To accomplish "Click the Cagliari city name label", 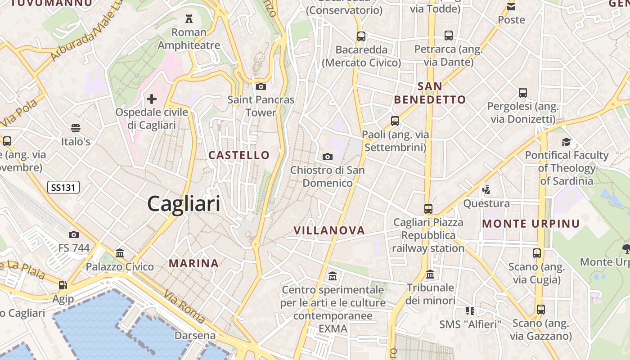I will click(184, 204).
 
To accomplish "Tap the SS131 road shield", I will click(63, 187).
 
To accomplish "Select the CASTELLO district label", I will click(239, 155).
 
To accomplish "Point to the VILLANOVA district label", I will click(329, 230).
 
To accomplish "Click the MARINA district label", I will click(194, 263).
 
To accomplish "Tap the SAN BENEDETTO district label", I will click(430, 93).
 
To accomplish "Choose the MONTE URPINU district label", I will click(531, 224).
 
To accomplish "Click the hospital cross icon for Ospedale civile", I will click(152, 99).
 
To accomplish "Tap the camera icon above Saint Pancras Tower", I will click(261, 86).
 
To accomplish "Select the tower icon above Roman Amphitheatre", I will click(189, 19).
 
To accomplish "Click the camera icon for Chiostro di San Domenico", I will click(328, 157).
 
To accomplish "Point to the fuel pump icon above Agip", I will click(63, 285).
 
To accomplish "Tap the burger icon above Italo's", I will click(76, 128).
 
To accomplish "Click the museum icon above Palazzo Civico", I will click(120, 253).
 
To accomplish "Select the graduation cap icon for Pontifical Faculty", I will click(566, 142).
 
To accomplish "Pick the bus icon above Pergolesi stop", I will click(522, 93).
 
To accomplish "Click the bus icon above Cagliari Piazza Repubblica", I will click(428, 209).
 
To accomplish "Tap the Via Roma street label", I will click(184, 307).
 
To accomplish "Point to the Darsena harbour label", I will click(195, 336).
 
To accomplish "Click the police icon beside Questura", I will click(486, 189).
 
